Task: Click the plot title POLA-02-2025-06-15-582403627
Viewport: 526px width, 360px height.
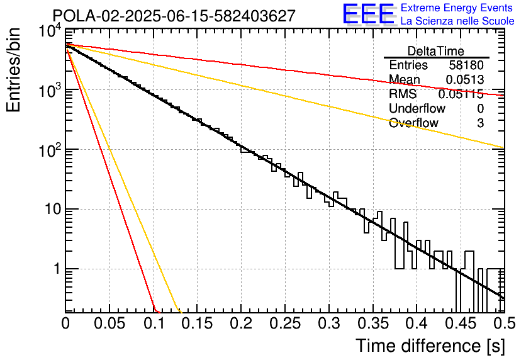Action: (174, 16)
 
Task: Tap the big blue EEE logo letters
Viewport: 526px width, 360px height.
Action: (369, 14)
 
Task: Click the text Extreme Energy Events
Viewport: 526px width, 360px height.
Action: (457, 8)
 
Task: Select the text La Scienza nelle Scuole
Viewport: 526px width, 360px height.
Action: (457, 21)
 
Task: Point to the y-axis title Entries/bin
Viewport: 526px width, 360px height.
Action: (14, 70)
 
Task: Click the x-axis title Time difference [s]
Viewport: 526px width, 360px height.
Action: (430, 346)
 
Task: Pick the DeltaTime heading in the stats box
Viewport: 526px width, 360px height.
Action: (436, 51)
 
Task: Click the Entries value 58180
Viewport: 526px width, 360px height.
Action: (466, 65)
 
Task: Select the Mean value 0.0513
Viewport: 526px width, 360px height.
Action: (464, 79)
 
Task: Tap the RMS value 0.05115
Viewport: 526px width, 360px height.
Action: (461, 94)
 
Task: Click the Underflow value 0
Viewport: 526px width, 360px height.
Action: (480, 108)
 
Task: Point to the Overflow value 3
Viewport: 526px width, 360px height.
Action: (480, 123)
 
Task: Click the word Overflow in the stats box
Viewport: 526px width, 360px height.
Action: (413, 123)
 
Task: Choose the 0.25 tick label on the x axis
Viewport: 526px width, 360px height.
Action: (285, 323)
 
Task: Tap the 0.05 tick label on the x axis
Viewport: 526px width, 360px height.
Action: (109, 323)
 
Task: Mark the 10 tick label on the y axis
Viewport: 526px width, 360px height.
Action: (53, 209)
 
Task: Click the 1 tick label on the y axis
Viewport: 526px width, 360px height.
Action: (57, 269)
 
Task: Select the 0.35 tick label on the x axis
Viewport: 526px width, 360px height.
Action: (373, 323)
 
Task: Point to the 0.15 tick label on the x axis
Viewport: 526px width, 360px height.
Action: (198, 323)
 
